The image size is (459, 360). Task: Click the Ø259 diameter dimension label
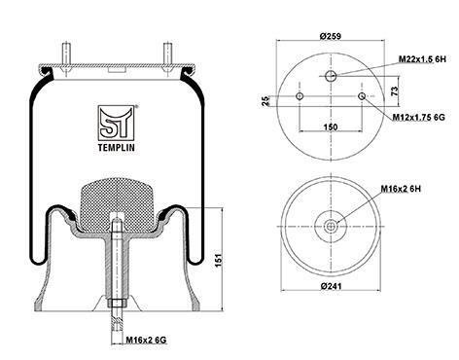pos(331,36)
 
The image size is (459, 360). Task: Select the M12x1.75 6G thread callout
pos(418,117)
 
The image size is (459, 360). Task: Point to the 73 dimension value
pos(395,91)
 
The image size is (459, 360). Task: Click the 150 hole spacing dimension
pos(331,126)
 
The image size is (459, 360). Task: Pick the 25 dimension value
pos(265,101)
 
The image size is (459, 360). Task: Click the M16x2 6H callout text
pos(401,189)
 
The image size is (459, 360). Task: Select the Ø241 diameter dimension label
pos(331,286)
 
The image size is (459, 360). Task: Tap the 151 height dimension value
pos(219,260)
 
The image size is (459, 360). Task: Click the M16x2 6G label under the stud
pos(146,340)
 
